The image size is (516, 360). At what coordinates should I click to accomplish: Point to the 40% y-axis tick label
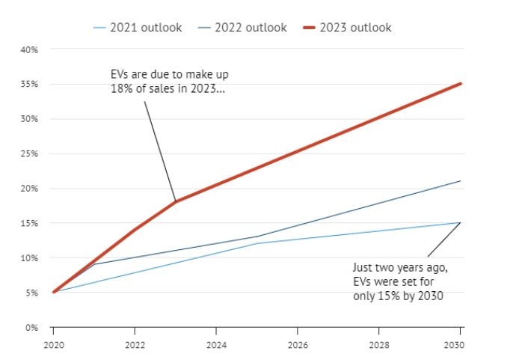(x=29, y=49)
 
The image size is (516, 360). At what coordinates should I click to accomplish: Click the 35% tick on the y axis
(x=29, y=84)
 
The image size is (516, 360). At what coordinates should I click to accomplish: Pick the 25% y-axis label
(x=29, y=153)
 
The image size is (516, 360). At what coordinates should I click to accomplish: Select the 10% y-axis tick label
(x=29, y=257)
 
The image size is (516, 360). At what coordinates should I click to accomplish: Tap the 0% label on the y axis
(x=31, y=327)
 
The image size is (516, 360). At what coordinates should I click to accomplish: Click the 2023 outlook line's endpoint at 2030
(x=460, y=83)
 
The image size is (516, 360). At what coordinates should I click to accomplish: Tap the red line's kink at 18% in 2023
(x=175, y=201)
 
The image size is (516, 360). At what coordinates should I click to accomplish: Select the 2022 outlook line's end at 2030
(x=460, y=181)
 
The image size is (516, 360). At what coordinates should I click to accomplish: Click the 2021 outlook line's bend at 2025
(x=257, y=243)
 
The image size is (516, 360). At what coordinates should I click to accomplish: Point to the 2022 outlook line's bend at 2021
(x=93, y=264)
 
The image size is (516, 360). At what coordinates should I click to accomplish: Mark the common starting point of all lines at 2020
(x=53, y=292)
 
